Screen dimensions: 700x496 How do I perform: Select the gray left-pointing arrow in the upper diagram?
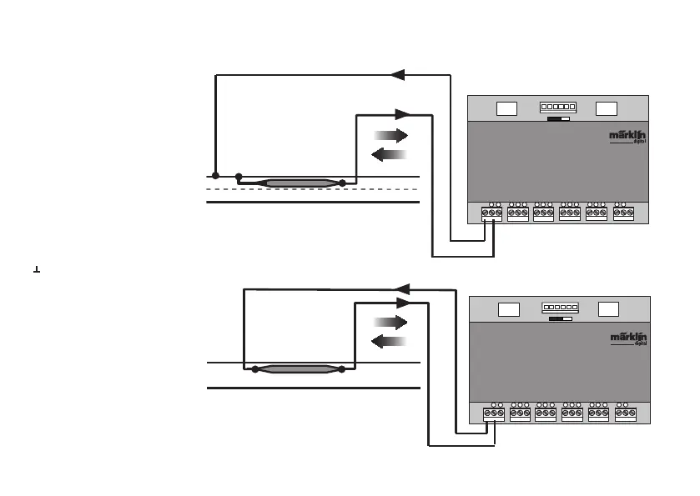pos(389,154)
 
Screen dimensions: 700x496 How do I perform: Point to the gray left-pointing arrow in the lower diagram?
pos(389,341)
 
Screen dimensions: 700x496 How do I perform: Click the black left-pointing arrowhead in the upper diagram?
pos(398,75)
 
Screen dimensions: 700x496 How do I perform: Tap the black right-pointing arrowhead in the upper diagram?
pos(404,114)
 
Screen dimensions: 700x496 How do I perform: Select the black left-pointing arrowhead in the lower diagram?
pos(401,289)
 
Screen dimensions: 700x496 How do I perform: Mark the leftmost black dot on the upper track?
pos(215,176)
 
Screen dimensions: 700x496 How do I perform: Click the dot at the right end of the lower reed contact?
pos(342,368)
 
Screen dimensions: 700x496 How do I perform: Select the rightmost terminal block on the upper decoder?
pos(622,213)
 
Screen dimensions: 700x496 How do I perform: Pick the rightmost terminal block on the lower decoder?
pos(624,413)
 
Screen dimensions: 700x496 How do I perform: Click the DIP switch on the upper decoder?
pos(556,108)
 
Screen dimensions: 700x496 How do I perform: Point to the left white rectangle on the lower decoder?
pos(508,310)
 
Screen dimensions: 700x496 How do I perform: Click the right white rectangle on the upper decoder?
pos(607,108)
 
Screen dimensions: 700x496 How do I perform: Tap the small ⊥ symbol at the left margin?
pos(36,268)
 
